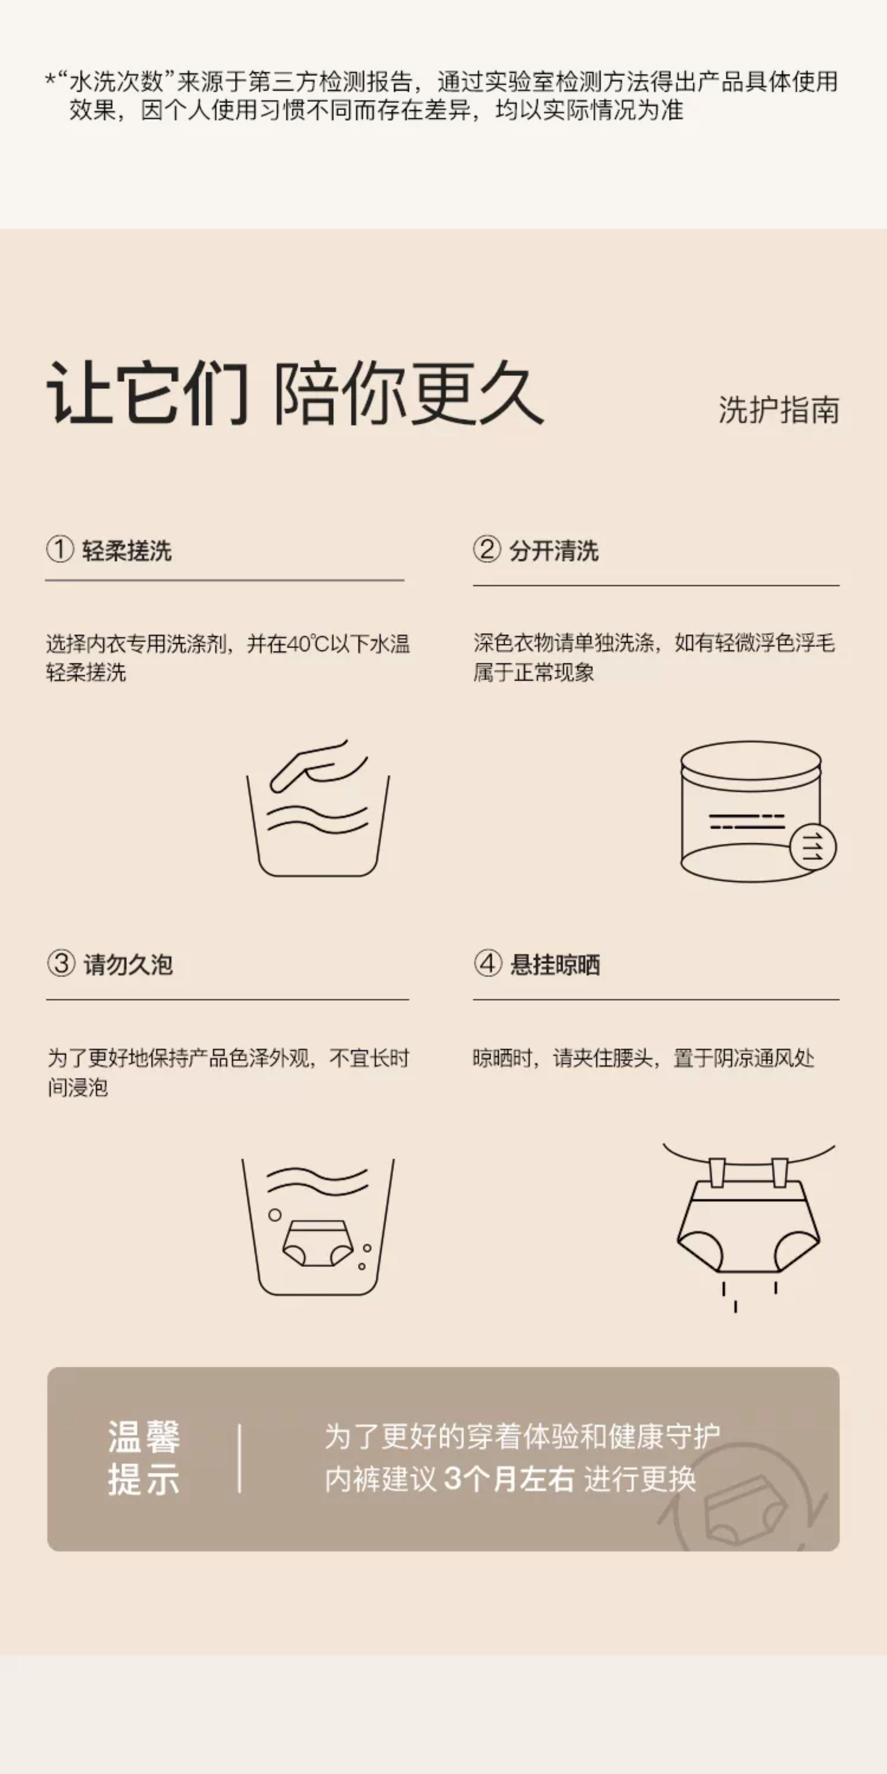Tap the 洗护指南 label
click(x=779, y=411)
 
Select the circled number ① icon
click(x=60, y=550)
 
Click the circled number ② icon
click(x=487, y=550)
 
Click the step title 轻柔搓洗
click(x=127, y=551)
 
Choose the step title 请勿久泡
click(x=128, y=965)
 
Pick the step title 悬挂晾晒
click(x=555, y=965)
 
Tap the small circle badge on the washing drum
click(x=813, y=846)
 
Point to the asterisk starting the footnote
click(x=50, y=79)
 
